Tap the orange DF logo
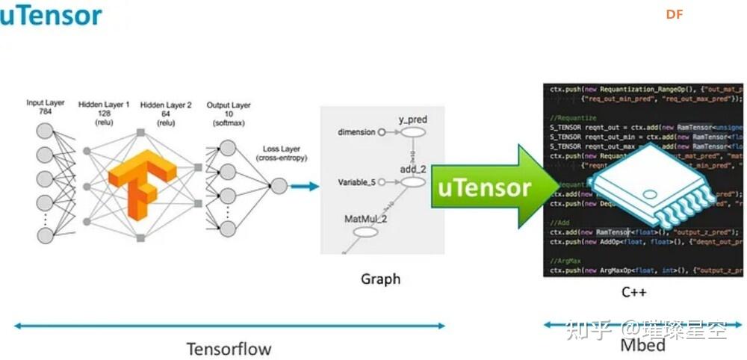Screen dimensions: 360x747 pos(674,13)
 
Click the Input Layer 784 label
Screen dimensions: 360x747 pos(46,107)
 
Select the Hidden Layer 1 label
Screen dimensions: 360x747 pos(103,113)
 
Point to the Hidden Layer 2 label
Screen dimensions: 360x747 pos(165,113)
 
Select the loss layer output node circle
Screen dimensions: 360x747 pos(278,186)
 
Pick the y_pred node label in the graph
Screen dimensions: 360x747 pos(412,120)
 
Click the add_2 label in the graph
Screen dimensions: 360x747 pos(412,170)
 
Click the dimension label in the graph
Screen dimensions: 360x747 pos(356,132)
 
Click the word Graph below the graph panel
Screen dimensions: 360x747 pos(380,279)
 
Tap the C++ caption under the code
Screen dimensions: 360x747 pos(633,292)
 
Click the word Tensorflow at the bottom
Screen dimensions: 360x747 pos(229,348)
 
